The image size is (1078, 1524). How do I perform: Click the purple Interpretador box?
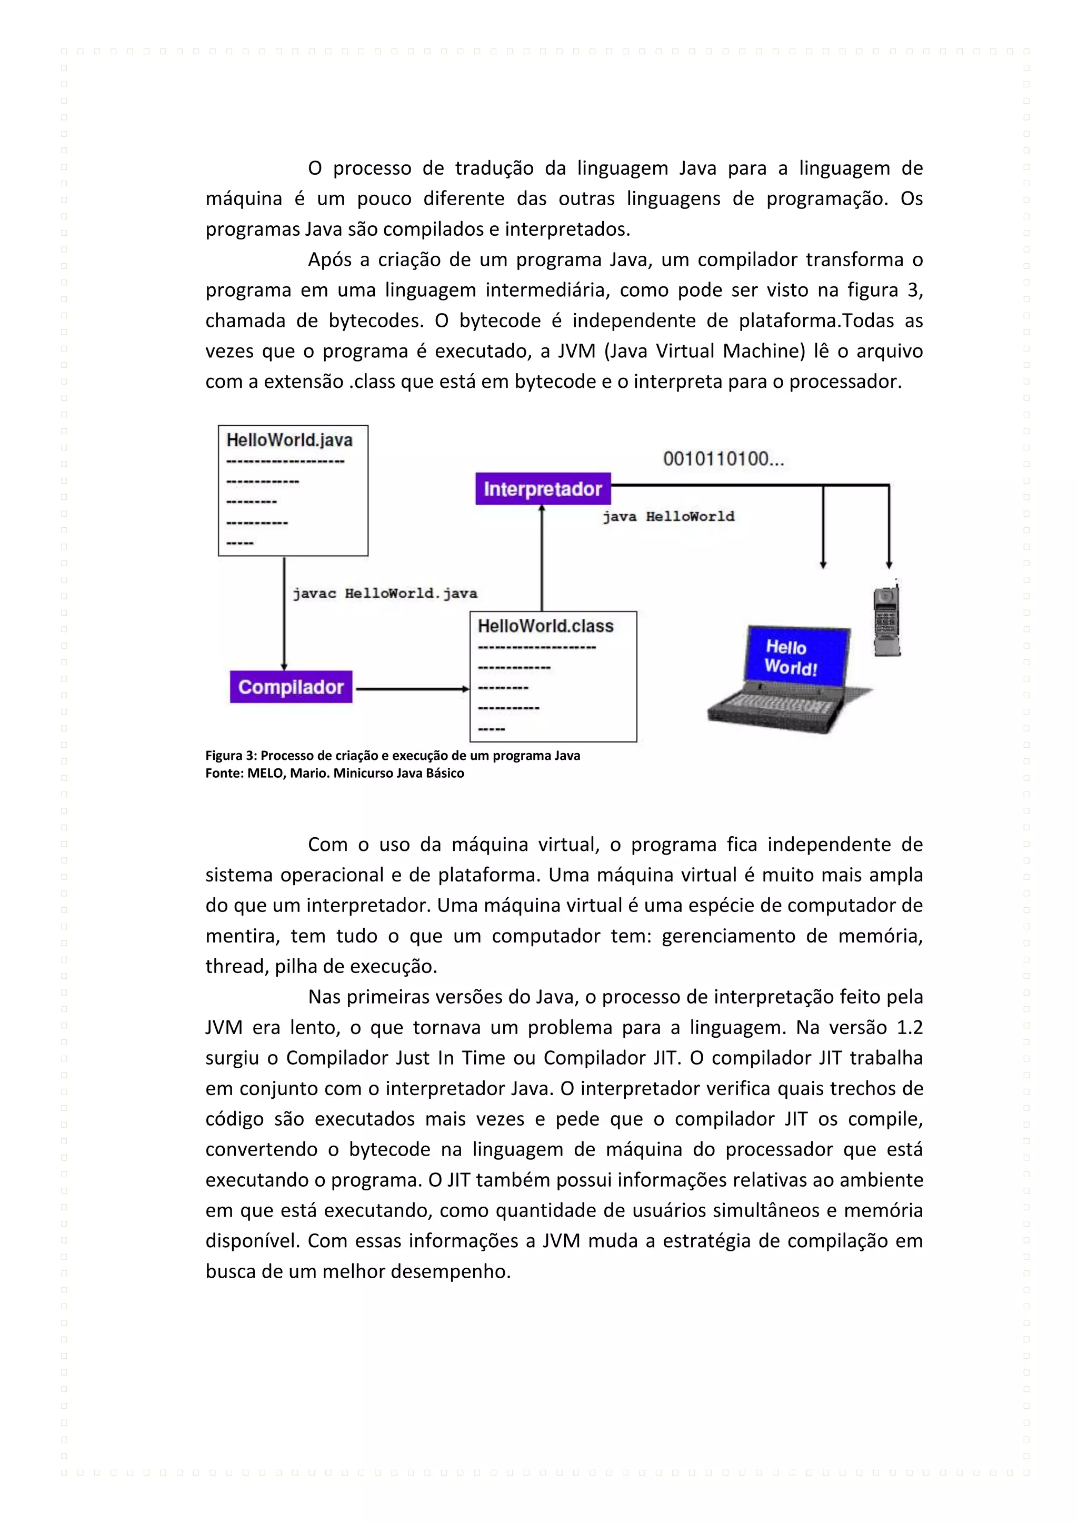542,489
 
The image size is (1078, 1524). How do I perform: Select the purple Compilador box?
291,687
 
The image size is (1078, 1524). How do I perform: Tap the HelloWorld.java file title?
290,440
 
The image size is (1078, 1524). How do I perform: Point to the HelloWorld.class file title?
546,626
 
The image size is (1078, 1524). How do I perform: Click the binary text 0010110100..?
723,459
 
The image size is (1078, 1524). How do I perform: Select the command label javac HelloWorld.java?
385,594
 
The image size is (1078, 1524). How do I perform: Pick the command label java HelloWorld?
668,516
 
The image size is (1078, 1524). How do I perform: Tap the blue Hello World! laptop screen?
795,656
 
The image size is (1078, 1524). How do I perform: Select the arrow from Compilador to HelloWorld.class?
412,689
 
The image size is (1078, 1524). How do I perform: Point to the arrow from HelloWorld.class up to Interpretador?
542,558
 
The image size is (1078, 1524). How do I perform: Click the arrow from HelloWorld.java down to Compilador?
284,614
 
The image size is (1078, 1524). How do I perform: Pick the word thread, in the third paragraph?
236,966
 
